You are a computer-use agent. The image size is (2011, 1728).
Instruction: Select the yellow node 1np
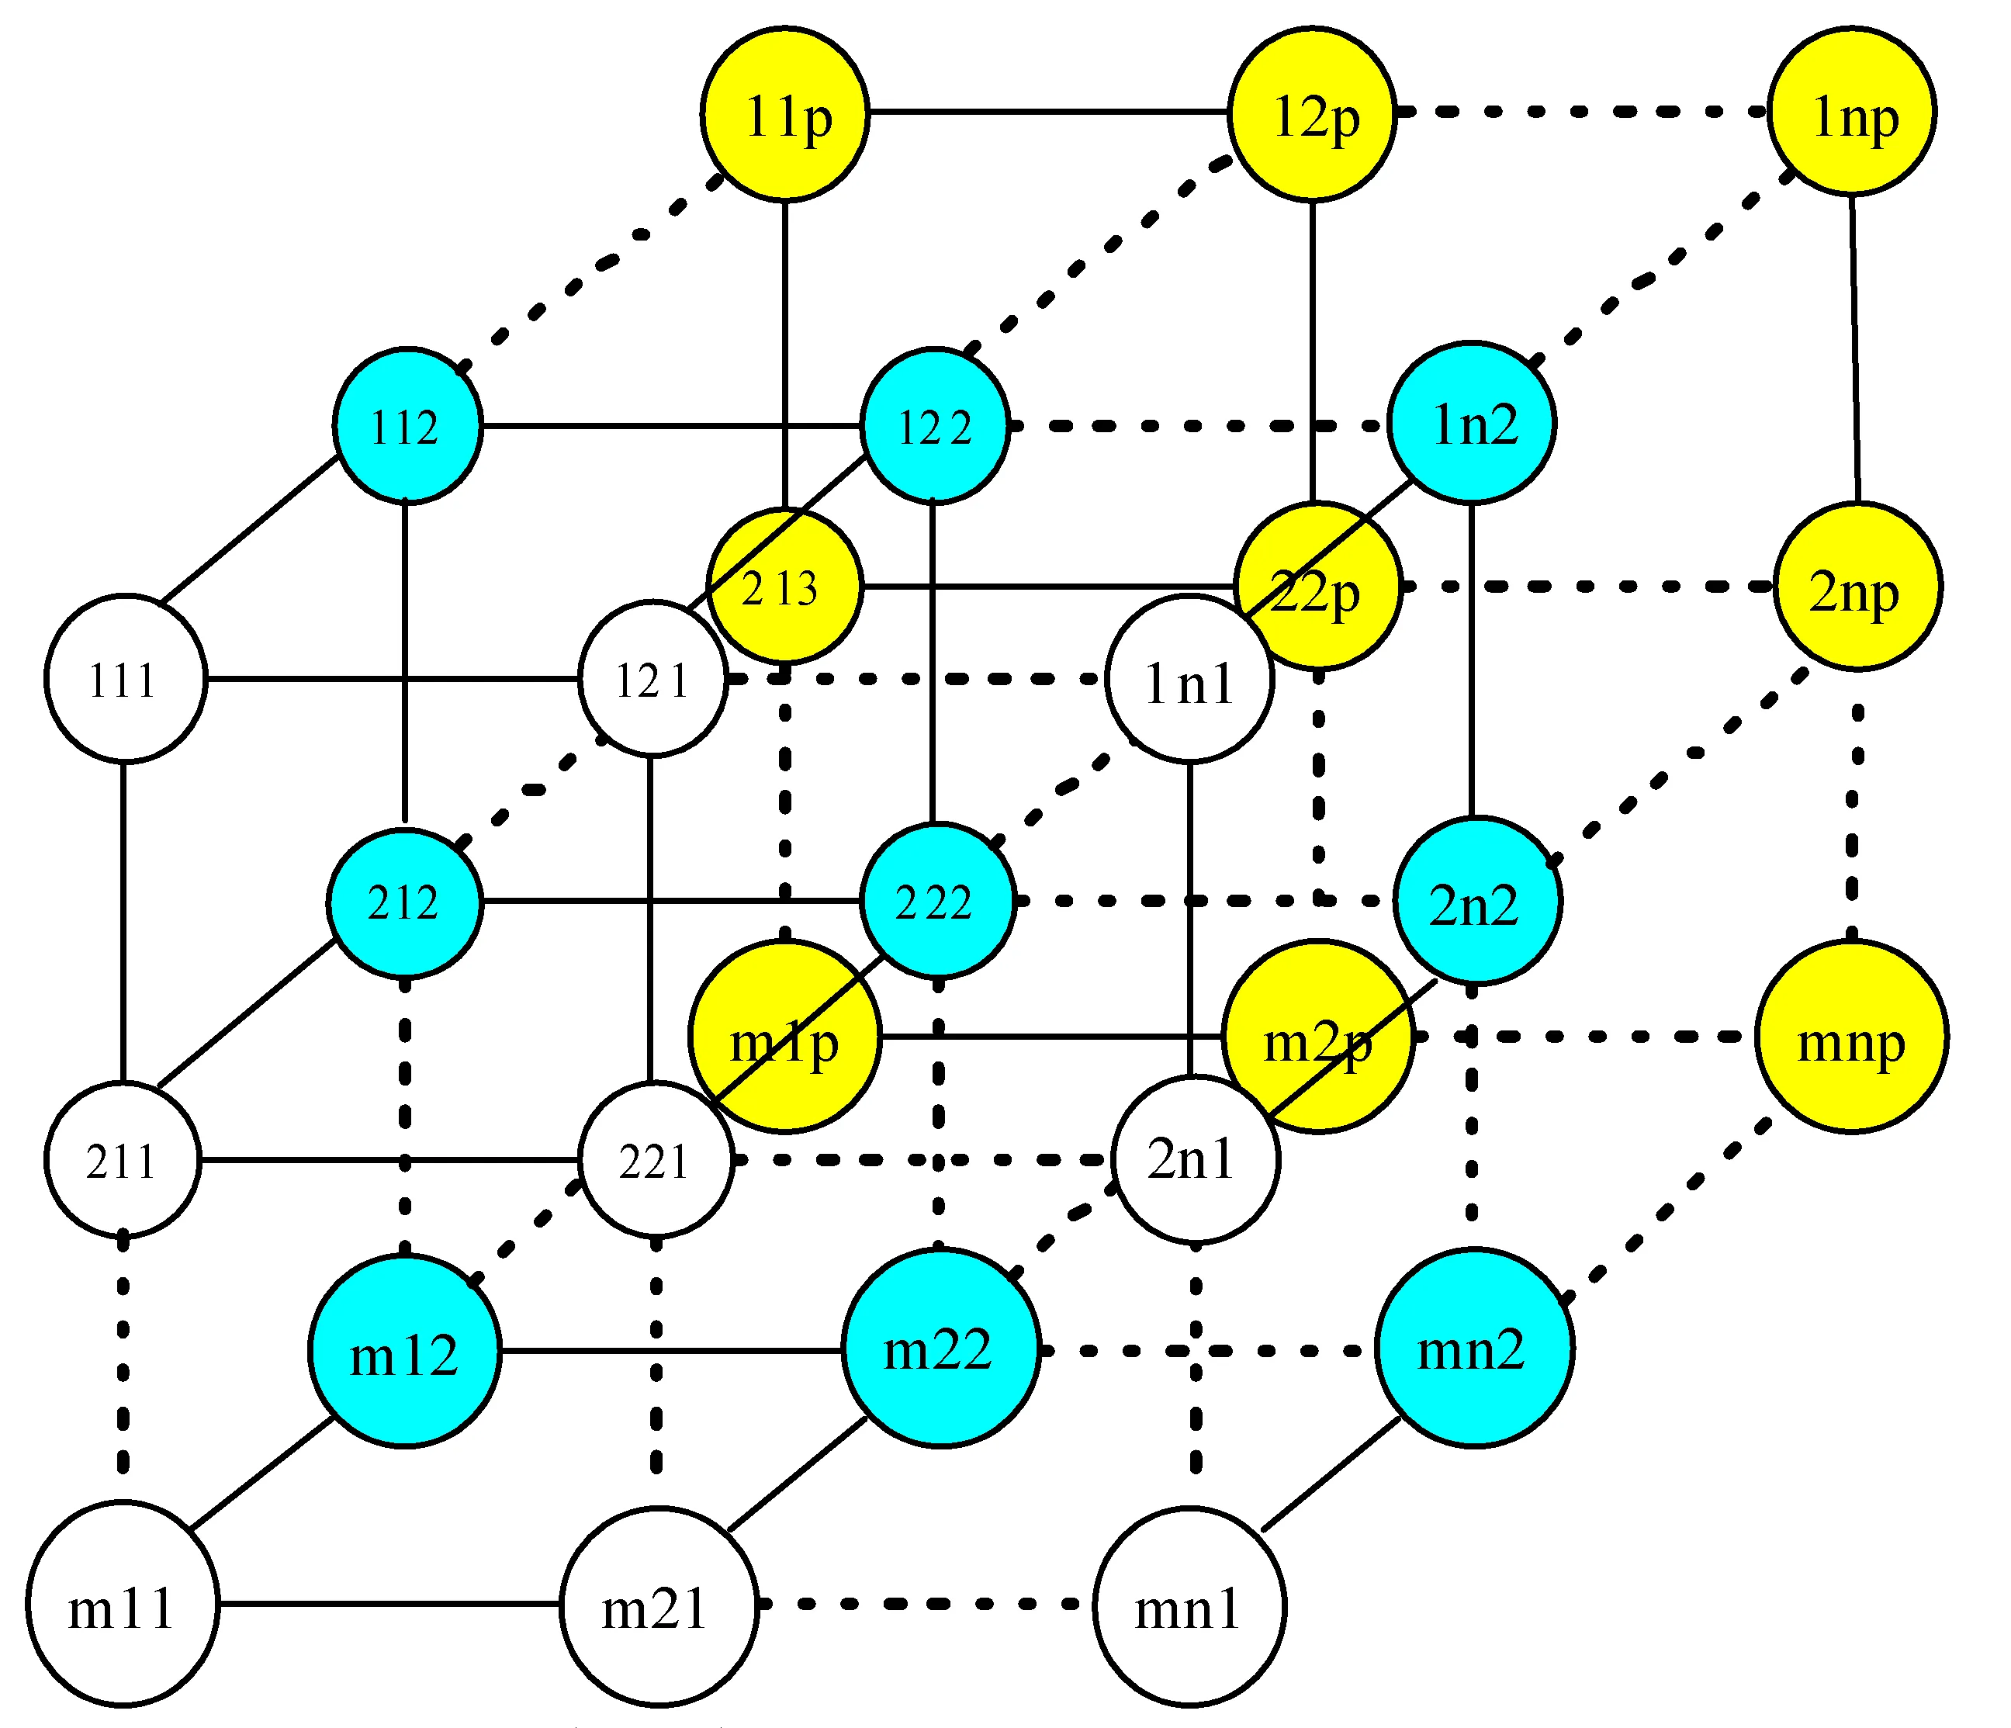[1852, 112]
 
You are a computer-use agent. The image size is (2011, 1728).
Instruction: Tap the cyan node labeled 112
[407, 425]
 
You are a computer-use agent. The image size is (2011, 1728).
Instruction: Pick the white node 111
[124, 679]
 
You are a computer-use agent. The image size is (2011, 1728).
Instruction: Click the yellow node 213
[784, 587]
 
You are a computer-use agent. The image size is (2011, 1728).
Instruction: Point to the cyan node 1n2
[1471, 423]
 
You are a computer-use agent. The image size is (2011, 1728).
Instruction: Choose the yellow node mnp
[1852, 1037]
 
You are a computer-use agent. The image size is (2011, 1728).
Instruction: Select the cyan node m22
[940, 1349]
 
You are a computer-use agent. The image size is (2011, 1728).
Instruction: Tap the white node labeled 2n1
[1195, 1159]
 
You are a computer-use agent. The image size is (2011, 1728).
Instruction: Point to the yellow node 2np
[1857, 587]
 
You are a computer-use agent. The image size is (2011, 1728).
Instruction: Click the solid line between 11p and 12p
[1048, 112]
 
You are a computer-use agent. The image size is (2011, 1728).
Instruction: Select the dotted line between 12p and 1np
[1582, 112]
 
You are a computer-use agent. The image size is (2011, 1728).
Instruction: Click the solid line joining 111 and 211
[123, 923]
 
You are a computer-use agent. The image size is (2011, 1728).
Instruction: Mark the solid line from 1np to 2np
[1855, 349]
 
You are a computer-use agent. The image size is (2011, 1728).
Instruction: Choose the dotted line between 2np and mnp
[1854, 816]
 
